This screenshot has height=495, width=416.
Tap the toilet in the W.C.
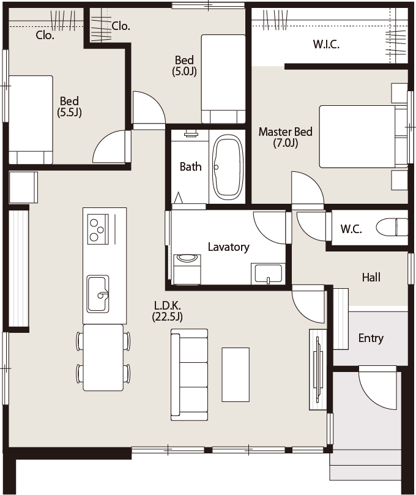pos(392,226)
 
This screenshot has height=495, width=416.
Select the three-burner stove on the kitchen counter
pos(98,229)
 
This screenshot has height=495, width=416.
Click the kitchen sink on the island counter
pos(98,294)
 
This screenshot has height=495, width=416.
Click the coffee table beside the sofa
pos(236,374)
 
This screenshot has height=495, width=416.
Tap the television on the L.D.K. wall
pos(318,370)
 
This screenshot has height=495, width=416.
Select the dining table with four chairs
pos(103,357)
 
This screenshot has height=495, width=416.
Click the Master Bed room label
pos(285,137)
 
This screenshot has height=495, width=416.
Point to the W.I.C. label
pos(326,44)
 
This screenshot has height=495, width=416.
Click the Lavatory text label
pos(229,247)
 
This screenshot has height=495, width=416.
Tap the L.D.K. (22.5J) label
pos(167,311)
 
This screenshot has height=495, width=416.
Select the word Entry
pos(371,338)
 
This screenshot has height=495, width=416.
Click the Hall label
pos(371,278)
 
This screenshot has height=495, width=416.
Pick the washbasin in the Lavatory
pos(269,274)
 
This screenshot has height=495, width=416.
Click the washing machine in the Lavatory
pos(187,269)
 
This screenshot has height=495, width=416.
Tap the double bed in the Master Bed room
pos(363,136)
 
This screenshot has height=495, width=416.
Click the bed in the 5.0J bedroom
pos(223,78)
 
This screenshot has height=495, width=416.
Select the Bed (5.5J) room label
pos(70,106)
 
